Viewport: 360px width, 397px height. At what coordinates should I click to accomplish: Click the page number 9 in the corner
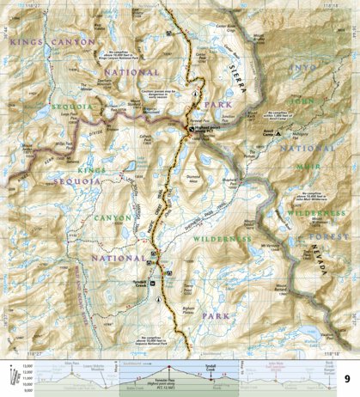[346, 379]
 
